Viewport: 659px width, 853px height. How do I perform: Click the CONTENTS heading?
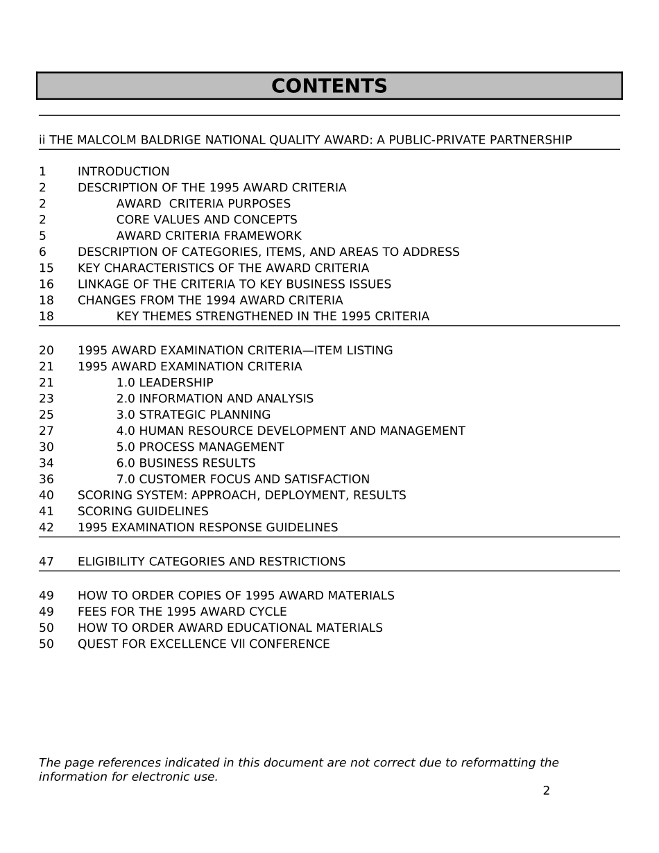click(329, 87)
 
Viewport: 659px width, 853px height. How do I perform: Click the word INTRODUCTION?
click(123, 172)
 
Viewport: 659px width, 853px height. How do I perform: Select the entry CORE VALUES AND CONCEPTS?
click(207, 220)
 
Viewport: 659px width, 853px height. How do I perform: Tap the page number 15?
click(46, 268)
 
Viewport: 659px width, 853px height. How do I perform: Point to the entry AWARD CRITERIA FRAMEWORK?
click(209, 236)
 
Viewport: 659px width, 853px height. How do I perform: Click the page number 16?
click(46, 284)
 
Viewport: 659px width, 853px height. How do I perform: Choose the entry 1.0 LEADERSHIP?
click(164, 383)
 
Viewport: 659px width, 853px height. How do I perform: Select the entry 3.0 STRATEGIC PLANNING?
click(194, 415)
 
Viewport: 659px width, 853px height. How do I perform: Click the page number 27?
click(46, 431)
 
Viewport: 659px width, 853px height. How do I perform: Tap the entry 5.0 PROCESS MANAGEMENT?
click(200, 447)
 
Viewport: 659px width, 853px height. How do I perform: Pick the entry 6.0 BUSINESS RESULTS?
click(186, 463)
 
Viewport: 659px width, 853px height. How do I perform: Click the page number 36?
click(46, 479)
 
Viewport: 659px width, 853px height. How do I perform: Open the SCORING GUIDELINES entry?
click(143, 512)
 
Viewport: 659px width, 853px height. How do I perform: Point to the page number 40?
click(46, 496)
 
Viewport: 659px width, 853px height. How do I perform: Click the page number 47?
click(46, 562)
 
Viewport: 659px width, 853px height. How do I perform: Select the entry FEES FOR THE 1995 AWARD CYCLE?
click(182, 612)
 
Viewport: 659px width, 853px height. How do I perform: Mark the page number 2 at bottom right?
click(546, 791)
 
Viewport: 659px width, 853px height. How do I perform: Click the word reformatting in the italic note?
click(495, 763)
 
